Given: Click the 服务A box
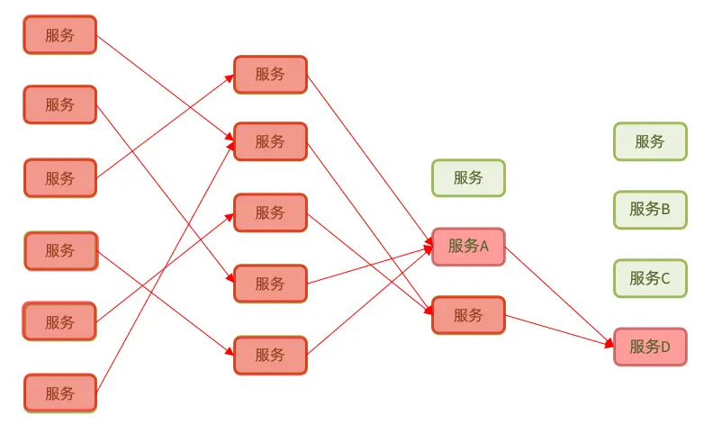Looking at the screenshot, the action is point(468,247).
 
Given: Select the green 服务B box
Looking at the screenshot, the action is point(650,210).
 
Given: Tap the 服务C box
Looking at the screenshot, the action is point(650,278).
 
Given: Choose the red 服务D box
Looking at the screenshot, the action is point(650,347).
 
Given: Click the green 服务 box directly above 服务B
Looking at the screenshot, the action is point(650,141).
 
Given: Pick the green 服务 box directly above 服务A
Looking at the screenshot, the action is point(468,178).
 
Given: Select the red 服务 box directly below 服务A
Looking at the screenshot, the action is point(468,315).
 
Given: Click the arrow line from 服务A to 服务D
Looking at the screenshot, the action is point(559,297).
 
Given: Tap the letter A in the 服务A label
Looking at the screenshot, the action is point(483,247).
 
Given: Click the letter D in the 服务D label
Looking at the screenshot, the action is point(664,347).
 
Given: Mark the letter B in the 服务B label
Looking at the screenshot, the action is point(665,209).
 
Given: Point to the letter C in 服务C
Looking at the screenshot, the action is point(664,278).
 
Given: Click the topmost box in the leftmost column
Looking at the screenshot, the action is point(60,35).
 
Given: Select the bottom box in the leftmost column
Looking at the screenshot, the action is point(60,393).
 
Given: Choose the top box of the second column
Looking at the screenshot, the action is point(270,75).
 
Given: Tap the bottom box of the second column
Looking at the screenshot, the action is point(270,356).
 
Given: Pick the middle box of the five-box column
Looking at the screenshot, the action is point(270,212).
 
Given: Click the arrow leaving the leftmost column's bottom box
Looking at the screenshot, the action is point(166,266).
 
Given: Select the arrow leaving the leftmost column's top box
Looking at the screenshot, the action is point(165,88).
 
